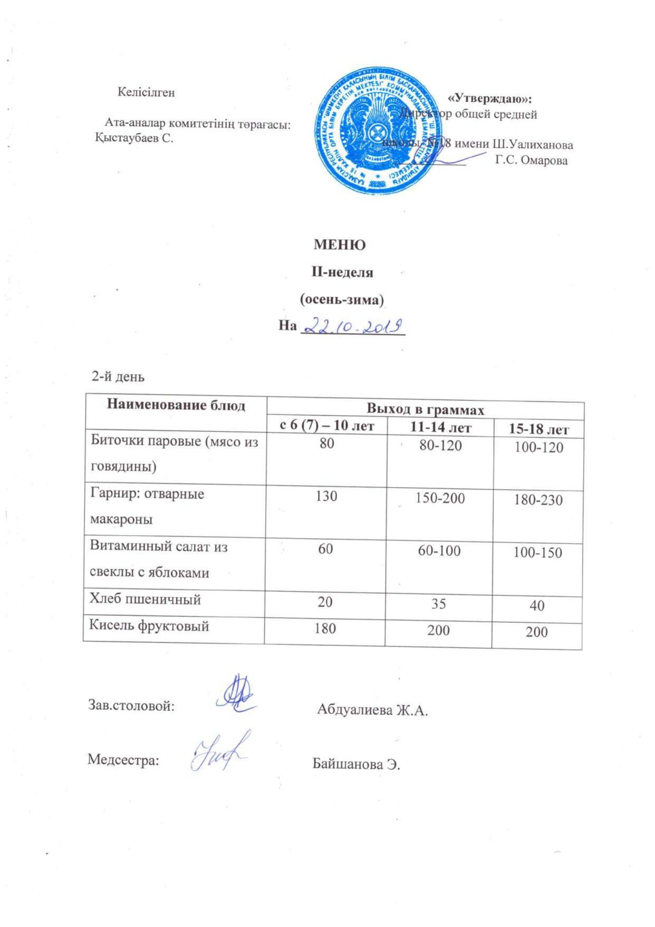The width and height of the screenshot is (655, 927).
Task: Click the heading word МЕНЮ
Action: [x=340, y=245]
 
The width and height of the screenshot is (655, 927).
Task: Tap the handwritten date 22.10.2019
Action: [x=352, y=326]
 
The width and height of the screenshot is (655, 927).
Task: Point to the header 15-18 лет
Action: [x=538, y=429]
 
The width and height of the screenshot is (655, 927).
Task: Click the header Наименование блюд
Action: [x=176, y=405]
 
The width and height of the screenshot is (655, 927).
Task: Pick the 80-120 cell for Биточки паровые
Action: [x=440, y=445]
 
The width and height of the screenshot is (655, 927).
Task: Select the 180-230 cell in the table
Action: [x=538, y=499]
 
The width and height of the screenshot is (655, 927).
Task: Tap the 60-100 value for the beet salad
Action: [x=438, y=550]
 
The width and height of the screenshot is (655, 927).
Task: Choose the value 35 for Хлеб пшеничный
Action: [x=438, y=603]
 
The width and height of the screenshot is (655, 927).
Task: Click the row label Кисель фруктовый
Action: [x=149, y=626]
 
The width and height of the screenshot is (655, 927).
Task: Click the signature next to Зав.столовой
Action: [x=237, y=694]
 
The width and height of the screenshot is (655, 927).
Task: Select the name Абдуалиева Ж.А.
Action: [x=372, y=709]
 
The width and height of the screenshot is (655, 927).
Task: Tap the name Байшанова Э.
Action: [x=357, y=764]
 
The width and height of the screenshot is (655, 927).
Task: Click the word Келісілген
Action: [x=146, y=92]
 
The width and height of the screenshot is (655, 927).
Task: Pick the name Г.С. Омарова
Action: [x=531, y=161]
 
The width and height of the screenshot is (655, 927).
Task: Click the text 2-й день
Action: [x=118, y=377]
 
